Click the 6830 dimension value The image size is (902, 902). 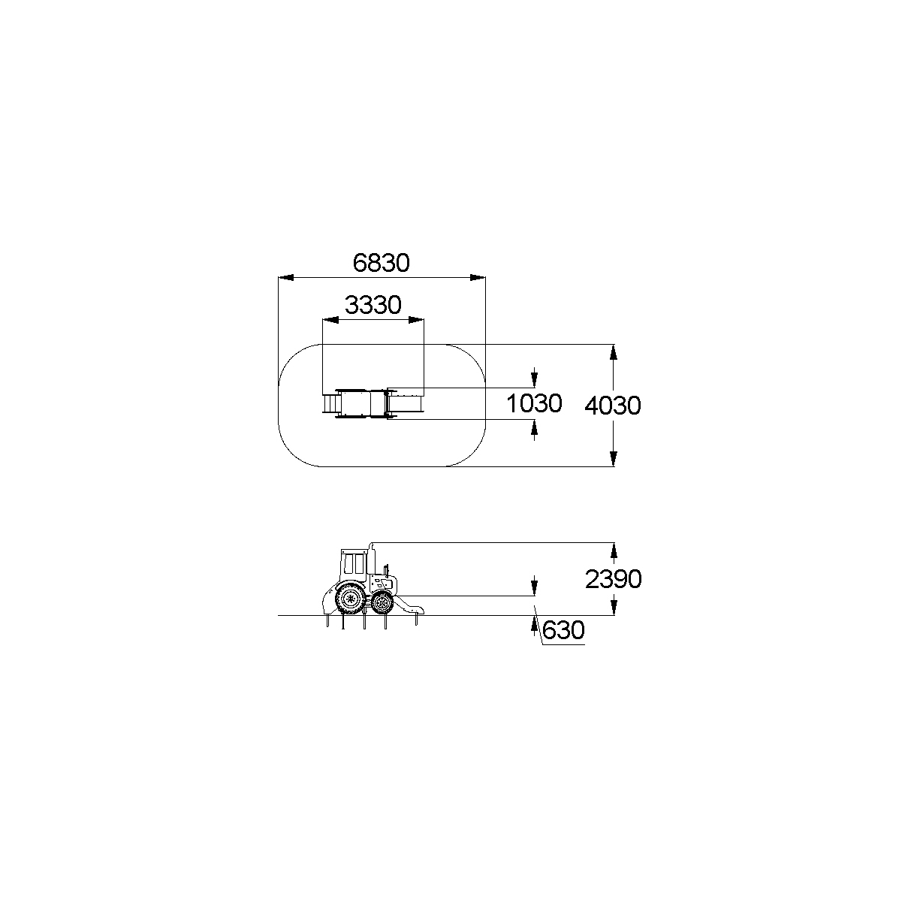click(x=381, y=263)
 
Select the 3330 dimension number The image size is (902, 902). click(x=373, y=305)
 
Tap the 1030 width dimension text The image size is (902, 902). click(x=534, y=403)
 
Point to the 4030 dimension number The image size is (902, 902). click(x=613, y=406)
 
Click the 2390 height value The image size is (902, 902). click(x=613, y=580)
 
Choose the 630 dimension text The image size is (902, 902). click(x=563, y=630)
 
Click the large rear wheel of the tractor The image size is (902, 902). click(x=350, y=598)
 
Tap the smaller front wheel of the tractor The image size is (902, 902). click(x=382, y=602)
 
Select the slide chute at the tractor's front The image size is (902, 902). click(x=408, y=605)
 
